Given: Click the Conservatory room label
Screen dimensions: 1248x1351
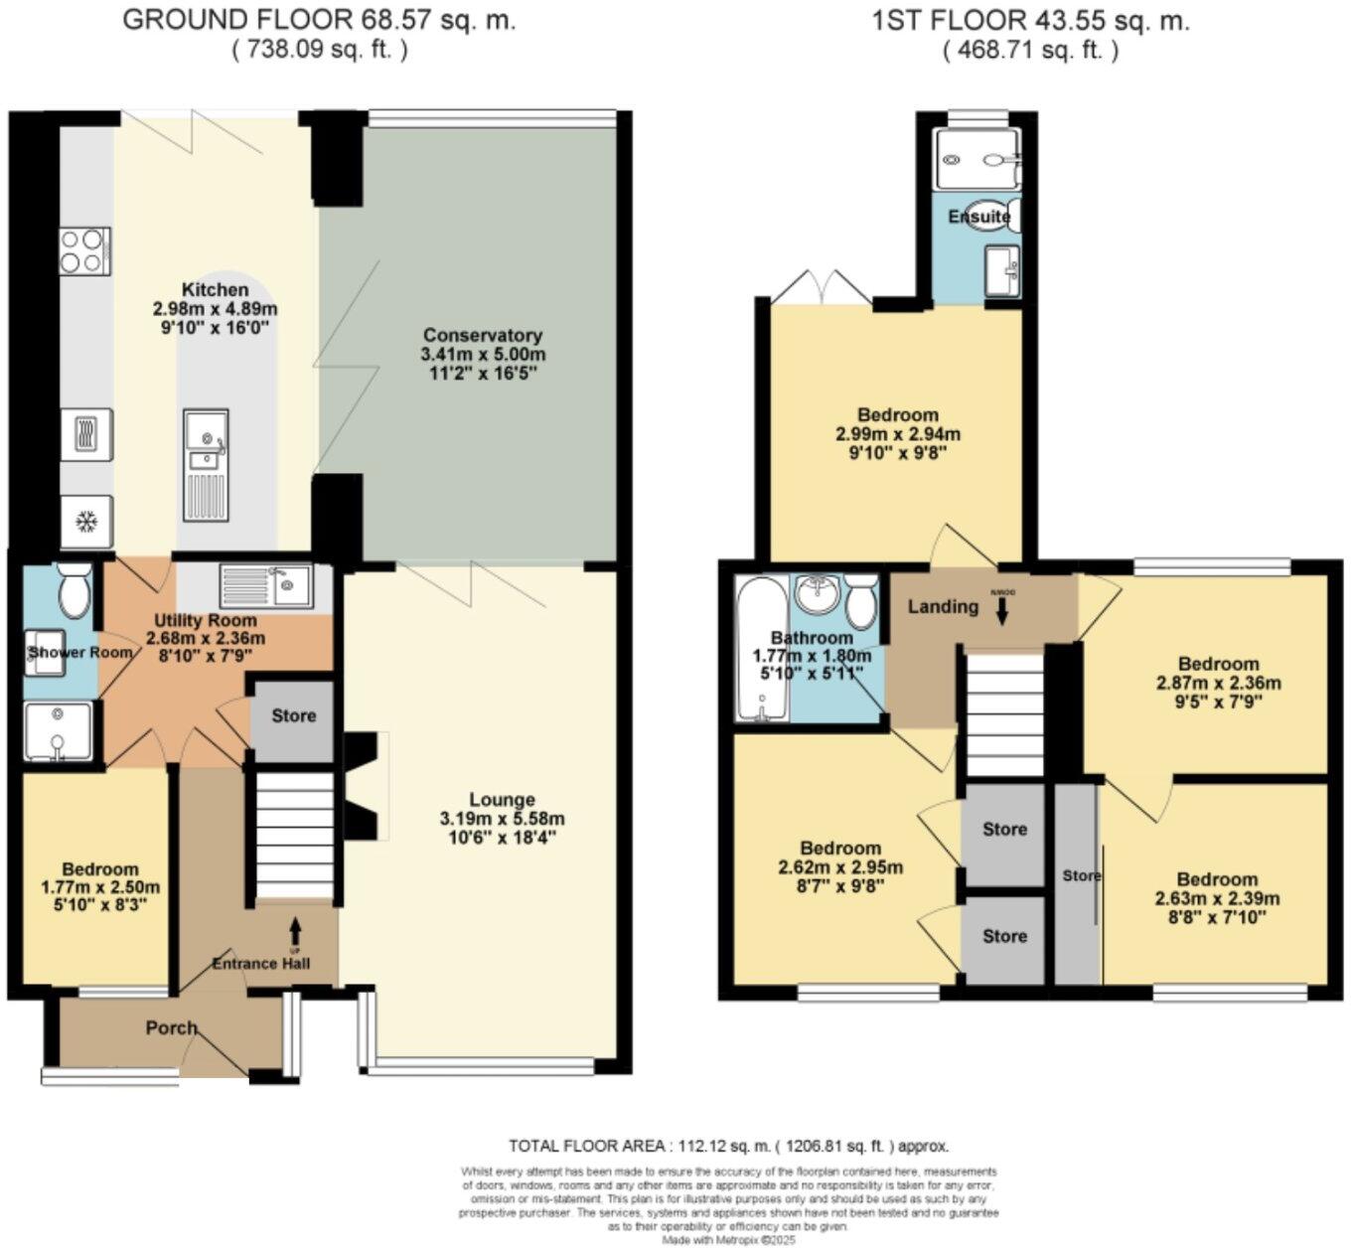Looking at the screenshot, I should [x=483, y=335].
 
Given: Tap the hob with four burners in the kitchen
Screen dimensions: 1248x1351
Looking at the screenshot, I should [x=84, y=250].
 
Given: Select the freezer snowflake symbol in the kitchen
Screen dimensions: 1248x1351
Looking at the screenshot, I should [x=85, y=522].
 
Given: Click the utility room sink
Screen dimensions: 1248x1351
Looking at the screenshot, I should [x=266, y=586].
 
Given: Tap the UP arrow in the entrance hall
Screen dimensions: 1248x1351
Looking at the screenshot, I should [x=295, y=931].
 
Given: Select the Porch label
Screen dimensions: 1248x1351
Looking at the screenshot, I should [x=172, y=1027].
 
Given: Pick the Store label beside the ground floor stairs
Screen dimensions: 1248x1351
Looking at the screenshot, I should [x=293, y=715].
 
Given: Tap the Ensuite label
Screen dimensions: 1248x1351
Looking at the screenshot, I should [x=978, y=217].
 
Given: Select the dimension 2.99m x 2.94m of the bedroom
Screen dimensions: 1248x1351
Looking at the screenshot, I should [x=898, y=434].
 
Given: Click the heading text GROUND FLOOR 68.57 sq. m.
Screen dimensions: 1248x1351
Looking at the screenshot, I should [x=319, y=21].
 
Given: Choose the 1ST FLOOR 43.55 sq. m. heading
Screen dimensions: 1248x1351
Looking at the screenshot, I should [x=1030, y=21].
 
